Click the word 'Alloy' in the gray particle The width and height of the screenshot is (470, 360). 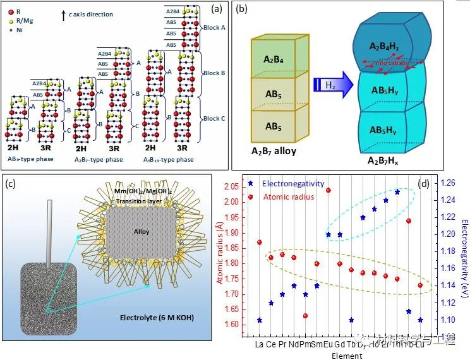pyautogui.click(x=142, y=231)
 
